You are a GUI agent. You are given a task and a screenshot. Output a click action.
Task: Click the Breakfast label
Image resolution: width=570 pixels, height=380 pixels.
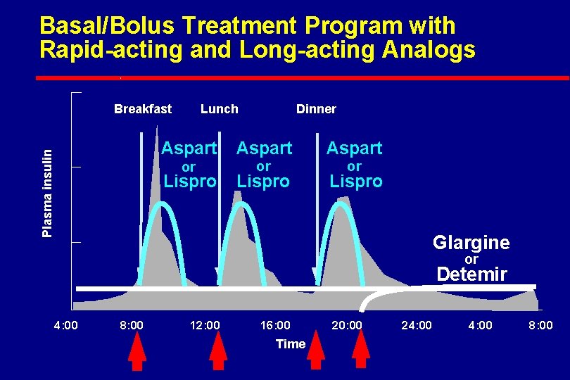tap(143, 109)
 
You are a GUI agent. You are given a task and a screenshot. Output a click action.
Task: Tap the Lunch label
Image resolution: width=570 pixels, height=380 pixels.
tap(219, 109)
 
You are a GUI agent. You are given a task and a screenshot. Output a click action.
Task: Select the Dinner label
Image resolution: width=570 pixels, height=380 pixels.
tap(316, 109)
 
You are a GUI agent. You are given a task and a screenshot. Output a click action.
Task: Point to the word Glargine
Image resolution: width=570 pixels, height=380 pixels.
tap(471, 243)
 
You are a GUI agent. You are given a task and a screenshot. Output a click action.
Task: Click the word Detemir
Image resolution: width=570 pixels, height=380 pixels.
tap(471, 274)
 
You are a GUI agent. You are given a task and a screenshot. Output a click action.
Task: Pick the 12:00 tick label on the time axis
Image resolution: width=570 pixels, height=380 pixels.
tap(205, 325)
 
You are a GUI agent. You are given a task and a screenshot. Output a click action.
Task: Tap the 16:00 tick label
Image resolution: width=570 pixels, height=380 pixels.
tap(275, 325)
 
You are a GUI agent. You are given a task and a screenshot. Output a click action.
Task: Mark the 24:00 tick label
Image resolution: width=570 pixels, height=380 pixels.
tap(417, 325)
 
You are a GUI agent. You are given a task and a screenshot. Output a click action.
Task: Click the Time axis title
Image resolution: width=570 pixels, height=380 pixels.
tap(291, 344)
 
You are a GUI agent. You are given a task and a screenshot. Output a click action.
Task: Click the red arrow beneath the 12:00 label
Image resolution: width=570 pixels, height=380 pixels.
tap(219, 350)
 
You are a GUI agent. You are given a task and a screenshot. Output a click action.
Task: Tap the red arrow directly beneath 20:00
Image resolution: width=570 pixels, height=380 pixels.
tap(361, 350)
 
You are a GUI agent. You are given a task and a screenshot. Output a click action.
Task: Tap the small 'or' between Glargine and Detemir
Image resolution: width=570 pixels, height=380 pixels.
tap(471, 260)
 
